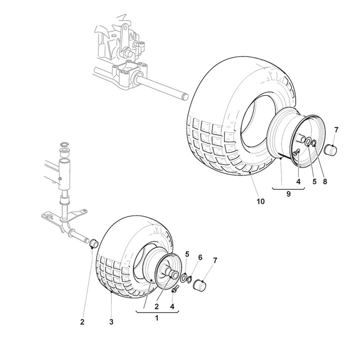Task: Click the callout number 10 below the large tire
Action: pos(260,202)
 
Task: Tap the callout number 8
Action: pos(324,181)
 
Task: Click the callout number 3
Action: pos(111,322)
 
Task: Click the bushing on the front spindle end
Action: pos(92,244)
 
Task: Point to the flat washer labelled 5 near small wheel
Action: pos(183,277)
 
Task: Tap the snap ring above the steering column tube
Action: pos(63,145)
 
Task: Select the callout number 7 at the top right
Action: pos(336,130)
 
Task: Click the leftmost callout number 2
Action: pos(82,322)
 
